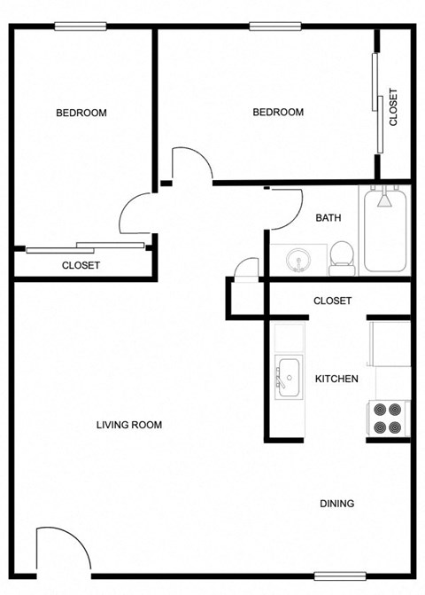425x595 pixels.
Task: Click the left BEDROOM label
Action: pyautogui.click(x=81, y=113)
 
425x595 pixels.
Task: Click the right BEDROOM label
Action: pyautogui.click(x=278, y=112)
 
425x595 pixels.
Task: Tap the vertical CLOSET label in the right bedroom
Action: pyautogui.click(x=393, y=107)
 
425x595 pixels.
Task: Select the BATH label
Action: pyautogui.click(x=328, y=217)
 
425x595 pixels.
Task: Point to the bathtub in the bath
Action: pyautogui.click(x=385, y=230)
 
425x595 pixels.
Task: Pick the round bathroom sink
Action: pyautogui.click(x=298, y=260)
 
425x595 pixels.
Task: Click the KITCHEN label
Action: pyautogui.click(x=336, y=379)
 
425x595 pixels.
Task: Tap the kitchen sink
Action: pyautogui.click(x=287, y=375)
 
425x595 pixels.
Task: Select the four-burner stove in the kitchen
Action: pyautogui.click(x=389, y=418)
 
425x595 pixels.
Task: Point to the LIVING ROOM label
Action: pyautogui.click(x=129, y=425)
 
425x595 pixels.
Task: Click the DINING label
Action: pyautogui.click(x=336, y=504)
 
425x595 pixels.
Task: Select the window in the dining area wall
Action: pyautogui.click(x=340, y=575)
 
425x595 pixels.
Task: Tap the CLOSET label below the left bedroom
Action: pyautogui.click(x=81, y=265)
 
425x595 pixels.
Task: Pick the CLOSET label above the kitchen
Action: pyautogui.click(x=332, y=301)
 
